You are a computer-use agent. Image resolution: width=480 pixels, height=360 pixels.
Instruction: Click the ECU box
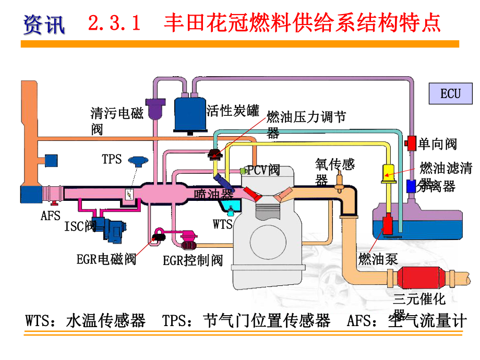pyautogui.click(x=450, y=93)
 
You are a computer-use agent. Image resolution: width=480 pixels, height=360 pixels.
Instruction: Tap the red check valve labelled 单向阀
pyautogui.click(x=411, y=142)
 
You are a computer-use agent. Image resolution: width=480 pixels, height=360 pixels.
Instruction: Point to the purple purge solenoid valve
pyautogui.click(x=155, y=108)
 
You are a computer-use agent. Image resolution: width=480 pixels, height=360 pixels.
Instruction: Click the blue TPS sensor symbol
pyautogui.click(x=138, y=161)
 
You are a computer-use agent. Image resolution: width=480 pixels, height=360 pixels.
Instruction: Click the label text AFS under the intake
pyautogui.click(x=51, y=215)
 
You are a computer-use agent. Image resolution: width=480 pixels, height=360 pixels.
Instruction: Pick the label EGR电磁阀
pyautogui.click(x=106, y=258)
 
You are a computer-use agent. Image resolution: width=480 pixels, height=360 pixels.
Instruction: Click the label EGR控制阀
pyautogui.click(x=193, y=260)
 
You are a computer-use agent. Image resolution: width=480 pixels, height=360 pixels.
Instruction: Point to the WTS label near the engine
pyautogui.click(x=223, y=224)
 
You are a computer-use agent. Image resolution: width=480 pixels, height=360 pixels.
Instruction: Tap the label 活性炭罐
pyautogui.click(x=233, y=111)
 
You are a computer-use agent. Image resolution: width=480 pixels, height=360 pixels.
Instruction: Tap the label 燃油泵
pyautogui.click(x=378, y=259)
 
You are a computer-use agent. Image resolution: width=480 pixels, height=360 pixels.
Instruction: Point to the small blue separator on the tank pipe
pyautogui.click(x=411, y=185)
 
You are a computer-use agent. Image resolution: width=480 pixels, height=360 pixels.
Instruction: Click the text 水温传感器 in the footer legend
pyautogui.click(x=106, y=320)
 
